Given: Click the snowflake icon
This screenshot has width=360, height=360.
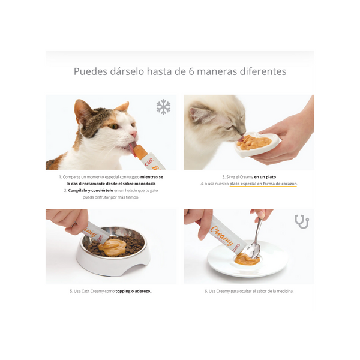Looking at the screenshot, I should click(x=163, y=107).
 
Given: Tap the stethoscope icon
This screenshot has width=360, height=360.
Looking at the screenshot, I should click(x=302, y=221).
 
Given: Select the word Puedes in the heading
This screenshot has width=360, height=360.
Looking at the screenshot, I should click(x=91, y=71).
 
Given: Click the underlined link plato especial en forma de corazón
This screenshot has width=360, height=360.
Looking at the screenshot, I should click(x=263, y=184).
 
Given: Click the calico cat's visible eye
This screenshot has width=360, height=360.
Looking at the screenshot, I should click(x=113, y=127).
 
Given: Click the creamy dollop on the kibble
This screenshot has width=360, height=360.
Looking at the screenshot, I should click(x=111, y=245).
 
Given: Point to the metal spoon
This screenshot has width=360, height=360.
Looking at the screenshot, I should click(x=255, y=239).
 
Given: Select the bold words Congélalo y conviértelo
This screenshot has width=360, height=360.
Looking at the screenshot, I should click(x=90, y=190).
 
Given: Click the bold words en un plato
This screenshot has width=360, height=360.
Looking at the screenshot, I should click(x=266, y=177).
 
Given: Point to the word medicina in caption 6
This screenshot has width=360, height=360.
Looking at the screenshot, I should click(x=281, y=291).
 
